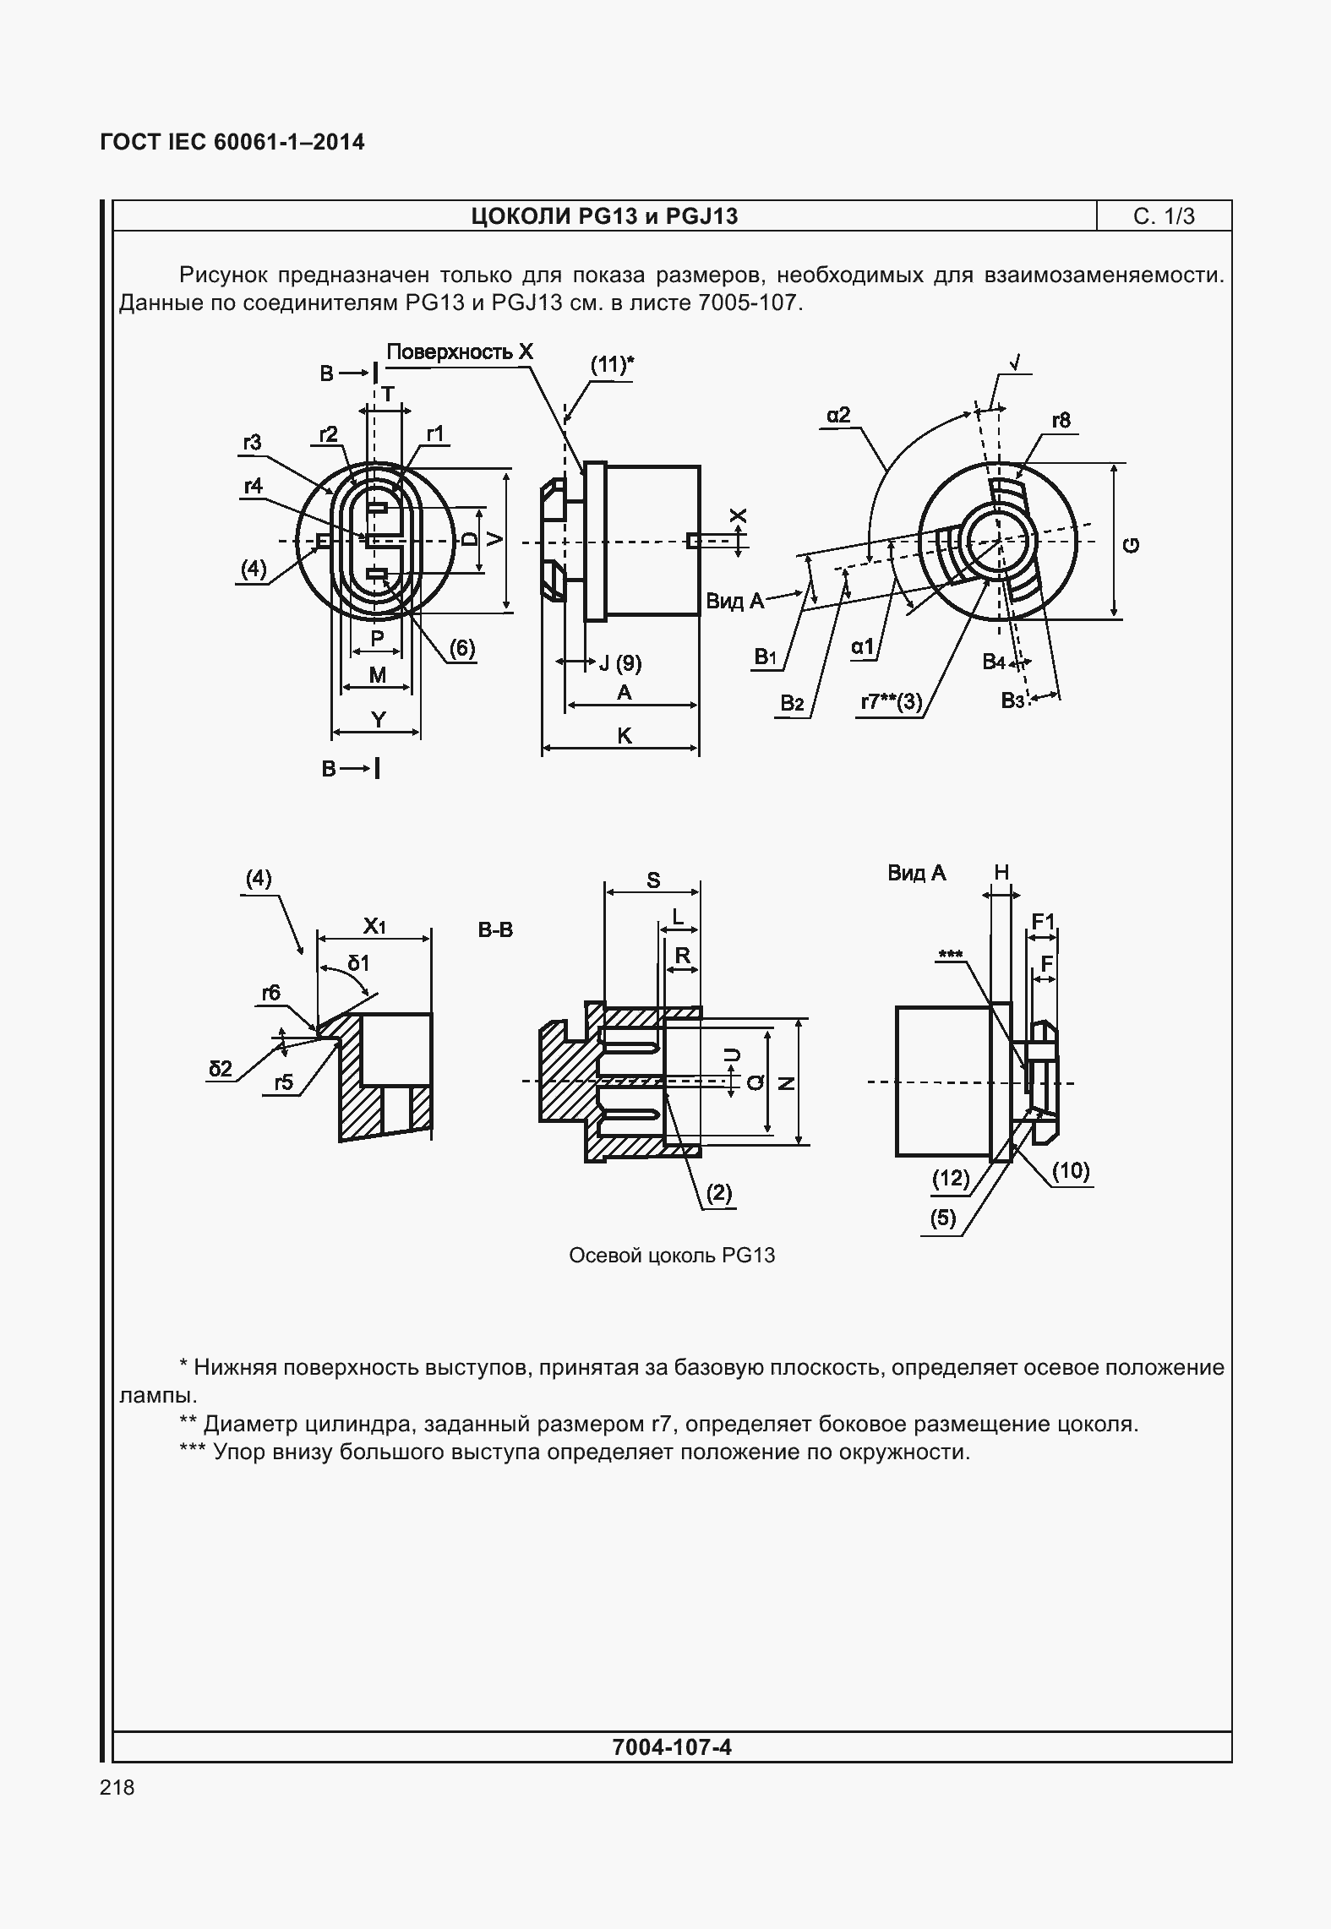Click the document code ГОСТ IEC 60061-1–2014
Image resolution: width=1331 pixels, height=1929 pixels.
coord(232,142)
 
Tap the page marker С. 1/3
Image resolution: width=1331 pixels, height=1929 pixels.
coord(1164,217)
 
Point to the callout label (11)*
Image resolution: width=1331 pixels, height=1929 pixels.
coord(611,365)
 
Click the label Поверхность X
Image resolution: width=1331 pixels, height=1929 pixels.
coord(460,352)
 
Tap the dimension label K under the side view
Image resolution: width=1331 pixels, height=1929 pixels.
coord(625,736)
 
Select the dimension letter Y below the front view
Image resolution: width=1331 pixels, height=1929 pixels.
coord(379,720)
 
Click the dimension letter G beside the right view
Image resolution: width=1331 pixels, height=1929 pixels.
coord(1132,545)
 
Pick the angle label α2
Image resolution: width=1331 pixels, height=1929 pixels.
coord(838,415)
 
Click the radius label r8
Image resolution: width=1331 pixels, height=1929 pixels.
coord(1061,420)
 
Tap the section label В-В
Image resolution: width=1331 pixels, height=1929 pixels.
coord(495,930)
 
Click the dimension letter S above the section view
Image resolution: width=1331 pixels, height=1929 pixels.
coord(653,880)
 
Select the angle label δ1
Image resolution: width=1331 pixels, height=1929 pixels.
coord(358,963)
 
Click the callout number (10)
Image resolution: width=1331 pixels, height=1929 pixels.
coord(1071,1171)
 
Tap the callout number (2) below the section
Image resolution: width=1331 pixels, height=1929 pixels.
coord(719,1193)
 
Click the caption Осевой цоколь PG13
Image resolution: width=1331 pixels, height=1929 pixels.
coord(672,1255)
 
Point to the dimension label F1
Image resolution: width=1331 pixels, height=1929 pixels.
coord(1044,921)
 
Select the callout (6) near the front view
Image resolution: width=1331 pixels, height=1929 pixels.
coord(461,648)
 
